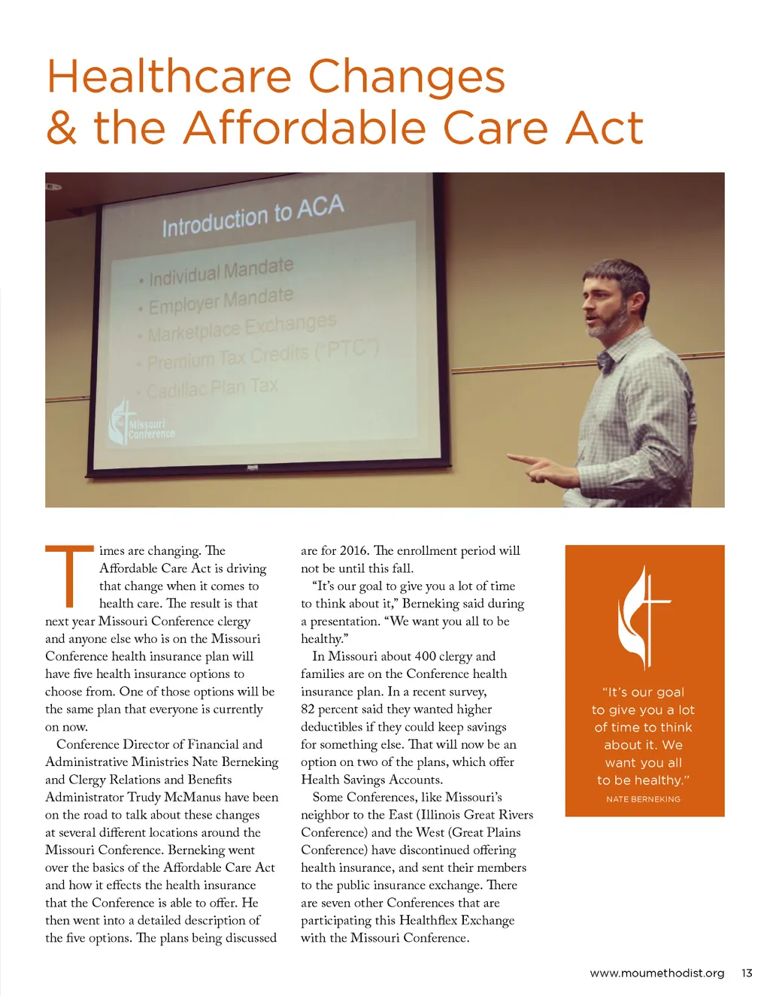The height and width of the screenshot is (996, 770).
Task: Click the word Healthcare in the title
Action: click(169, 77)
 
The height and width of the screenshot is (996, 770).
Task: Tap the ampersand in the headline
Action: click(62, 129)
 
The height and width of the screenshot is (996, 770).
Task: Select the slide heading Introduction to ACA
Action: click(253, 216)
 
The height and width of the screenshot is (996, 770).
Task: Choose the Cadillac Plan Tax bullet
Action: click(211, 389)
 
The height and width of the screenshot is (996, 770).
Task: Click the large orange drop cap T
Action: click(70, 576)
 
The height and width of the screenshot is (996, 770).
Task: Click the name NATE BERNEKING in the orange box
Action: click(643, 799)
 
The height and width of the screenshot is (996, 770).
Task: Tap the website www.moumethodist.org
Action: click(656, 973)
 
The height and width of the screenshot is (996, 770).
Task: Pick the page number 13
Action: click(746, 973)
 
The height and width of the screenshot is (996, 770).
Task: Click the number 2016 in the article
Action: click(355, 551)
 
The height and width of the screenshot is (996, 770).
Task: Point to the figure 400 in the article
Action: click(423, 656)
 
